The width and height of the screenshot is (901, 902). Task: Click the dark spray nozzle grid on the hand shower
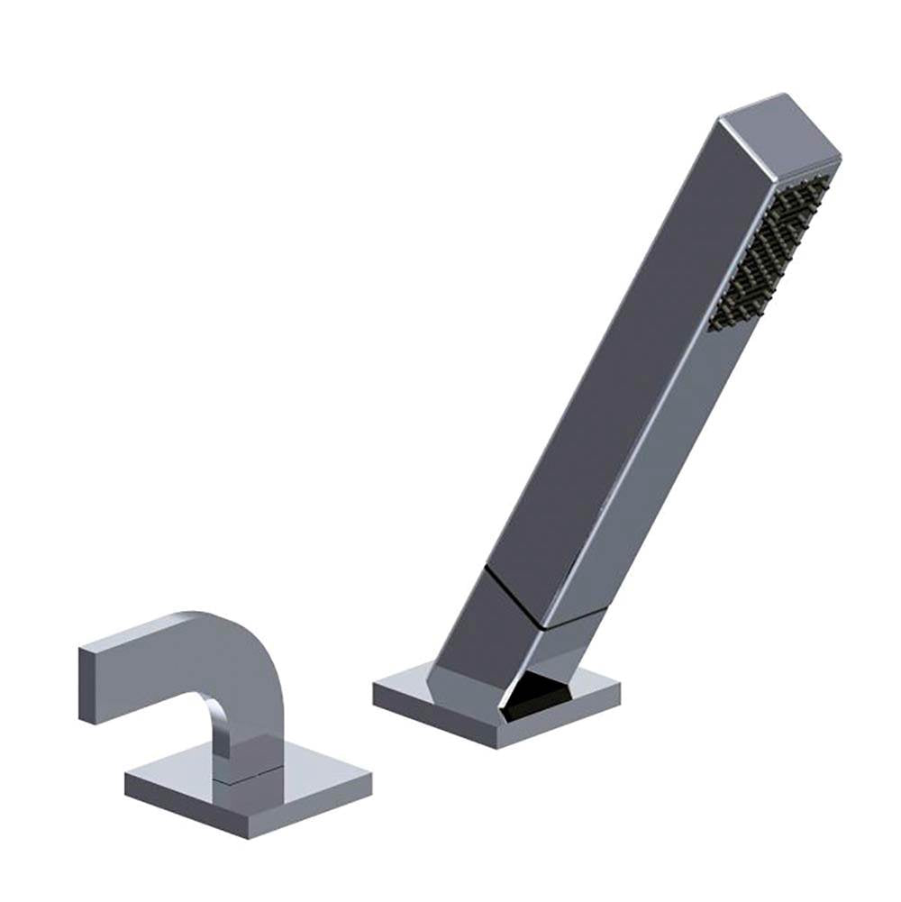772,252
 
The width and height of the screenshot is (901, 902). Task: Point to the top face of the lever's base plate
297,775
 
